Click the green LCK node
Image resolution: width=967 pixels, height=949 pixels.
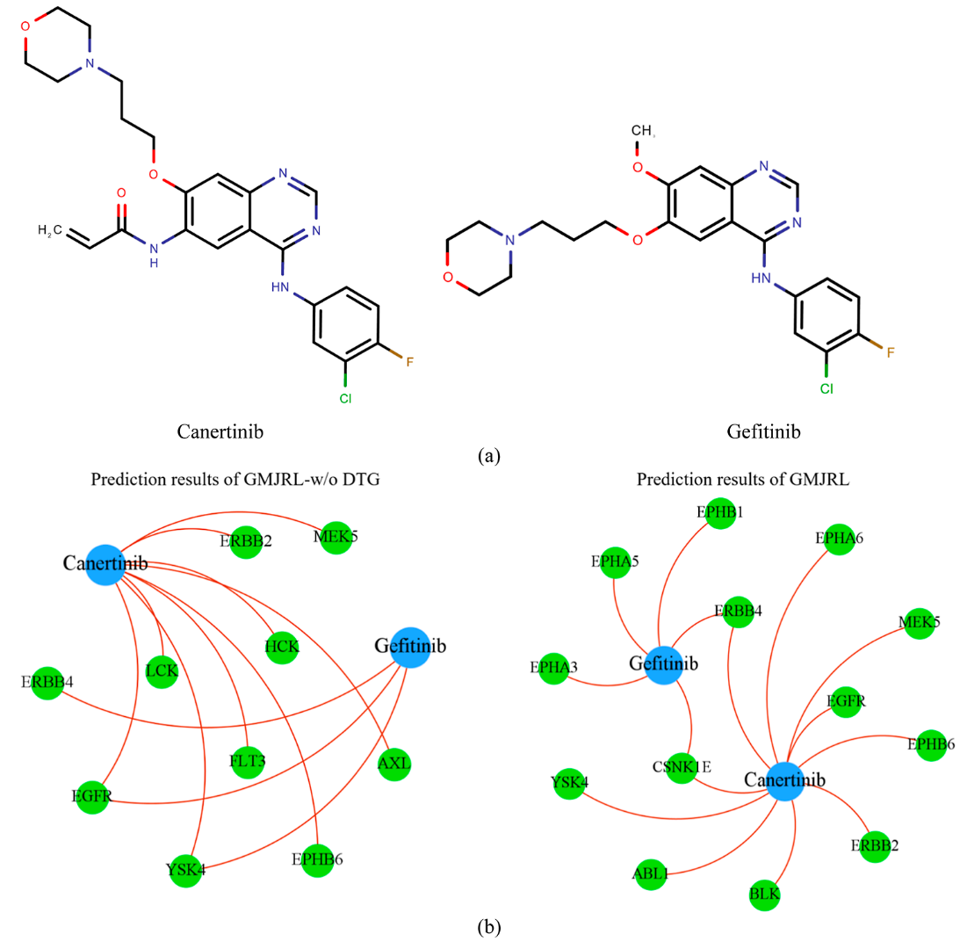point(162,671)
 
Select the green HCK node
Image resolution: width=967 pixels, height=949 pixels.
point(282,647)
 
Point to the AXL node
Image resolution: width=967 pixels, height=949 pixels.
point(393,764)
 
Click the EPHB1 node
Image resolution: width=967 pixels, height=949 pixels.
point(721,513)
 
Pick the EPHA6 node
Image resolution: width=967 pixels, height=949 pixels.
point(840,538)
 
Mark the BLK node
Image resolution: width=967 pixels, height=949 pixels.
point(764,895)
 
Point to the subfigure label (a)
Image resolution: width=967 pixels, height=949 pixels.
point(489,455)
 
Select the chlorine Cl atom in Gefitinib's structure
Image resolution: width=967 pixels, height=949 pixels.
point(826,387)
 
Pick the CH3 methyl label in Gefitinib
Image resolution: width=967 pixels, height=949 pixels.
point(643,132)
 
